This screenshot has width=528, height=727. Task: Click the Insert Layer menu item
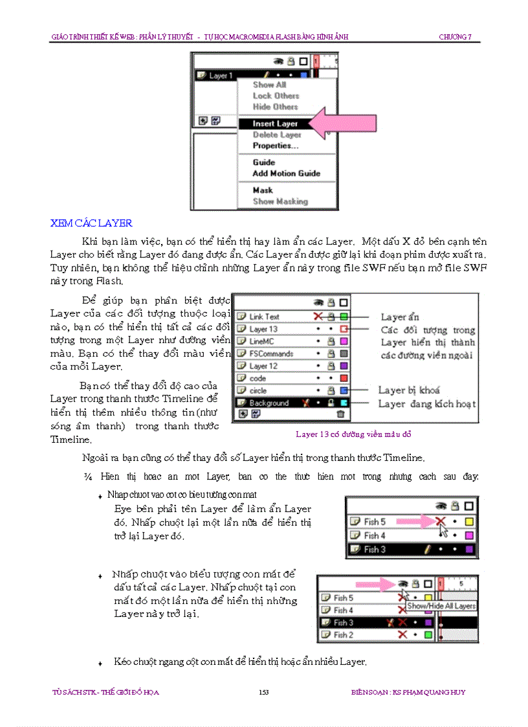pos(275,124)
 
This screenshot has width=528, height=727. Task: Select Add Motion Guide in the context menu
pos(286,173)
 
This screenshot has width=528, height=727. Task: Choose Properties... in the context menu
pos(276,146)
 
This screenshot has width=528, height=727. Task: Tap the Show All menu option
pos(269,85)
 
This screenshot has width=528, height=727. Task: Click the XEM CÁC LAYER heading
pos(91,223)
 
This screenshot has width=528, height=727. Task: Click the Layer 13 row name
pos(263,329)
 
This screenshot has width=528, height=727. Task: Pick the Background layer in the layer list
pos(269,403)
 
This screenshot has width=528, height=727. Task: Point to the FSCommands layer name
pos(271,353)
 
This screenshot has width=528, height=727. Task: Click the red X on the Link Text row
pos(317,317)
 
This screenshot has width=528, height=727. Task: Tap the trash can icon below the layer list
pos(340,414)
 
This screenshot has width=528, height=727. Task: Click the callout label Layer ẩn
pos(400,317)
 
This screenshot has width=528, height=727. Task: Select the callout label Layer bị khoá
pos(409,390)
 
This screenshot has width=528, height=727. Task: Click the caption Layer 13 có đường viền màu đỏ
pos(353,434)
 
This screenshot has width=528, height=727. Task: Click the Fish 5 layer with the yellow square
pos(375,521)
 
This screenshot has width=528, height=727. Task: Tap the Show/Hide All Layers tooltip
pos(441,607)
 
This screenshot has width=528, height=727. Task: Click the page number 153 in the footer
pos(263,692)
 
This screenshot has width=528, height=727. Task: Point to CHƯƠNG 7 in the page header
pos(456,37)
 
